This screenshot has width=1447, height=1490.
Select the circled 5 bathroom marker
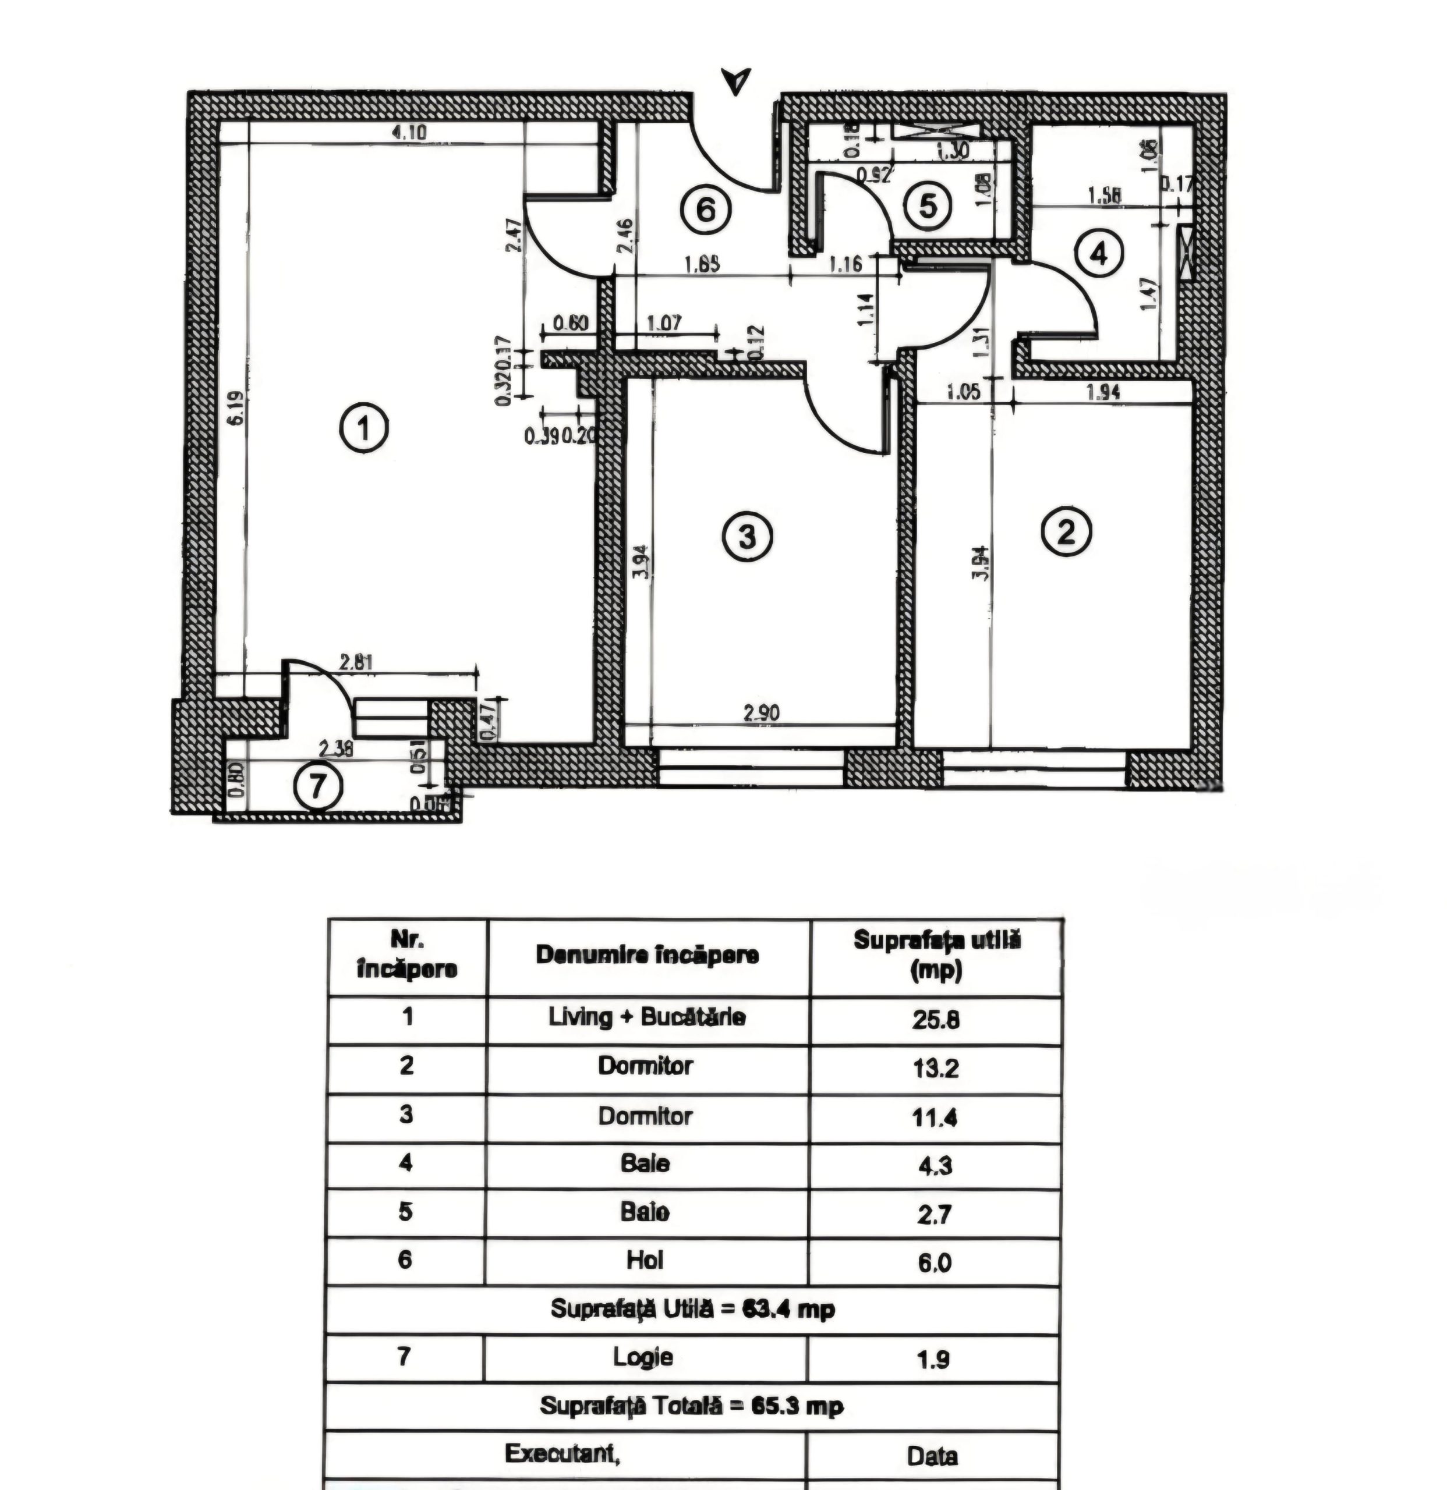pos(927,205)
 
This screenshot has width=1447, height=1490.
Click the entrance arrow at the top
pos(736,80)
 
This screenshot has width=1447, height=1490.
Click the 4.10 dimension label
pos(409,132)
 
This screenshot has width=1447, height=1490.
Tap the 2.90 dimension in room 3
pos(761,712)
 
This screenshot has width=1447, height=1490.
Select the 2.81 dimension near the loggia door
pos(355,662)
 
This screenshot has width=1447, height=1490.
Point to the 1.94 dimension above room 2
pos(1103,392)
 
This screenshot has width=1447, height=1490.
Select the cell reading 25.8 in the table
pos(935,1020)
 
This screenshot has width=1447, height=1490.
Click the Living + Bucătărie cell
pos(646,1017)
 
